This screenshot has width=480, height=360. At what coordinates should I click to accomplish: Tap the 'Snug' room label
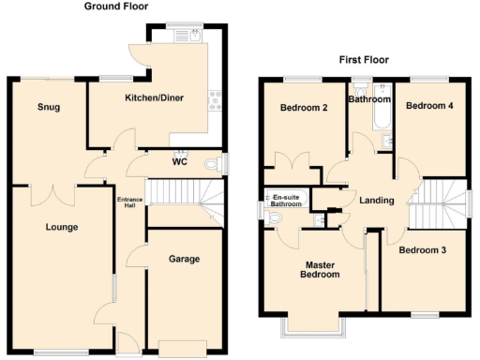pyautogui.click(x=49, y=108)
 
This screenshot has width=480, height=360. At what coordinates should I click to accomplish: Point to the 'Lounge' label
pyautogui.click(x=62, y=227)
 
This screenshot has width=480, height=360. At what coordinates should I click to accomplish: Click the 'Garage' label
pyautogui.click(x=184, y=258)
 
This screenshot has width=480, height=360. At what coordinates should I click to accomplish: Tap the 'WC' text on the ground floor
pyautogui.click(x=181, y=161)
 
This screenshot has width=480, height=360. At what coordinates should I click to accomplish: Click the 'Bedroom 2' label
pyautogui.click(x=304, y=108)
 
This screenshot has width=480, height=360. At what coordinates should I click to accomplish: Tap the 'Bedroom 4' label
pyautogui.click(x=429, y=106)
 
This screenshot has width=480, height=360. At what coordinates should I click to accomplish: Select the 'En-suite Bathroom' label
pyautogui.click(x=287, y=201)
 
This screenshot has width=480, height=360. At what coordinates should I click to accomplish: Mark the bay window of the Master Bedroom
pyautogui.click(x=316, y=325)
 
